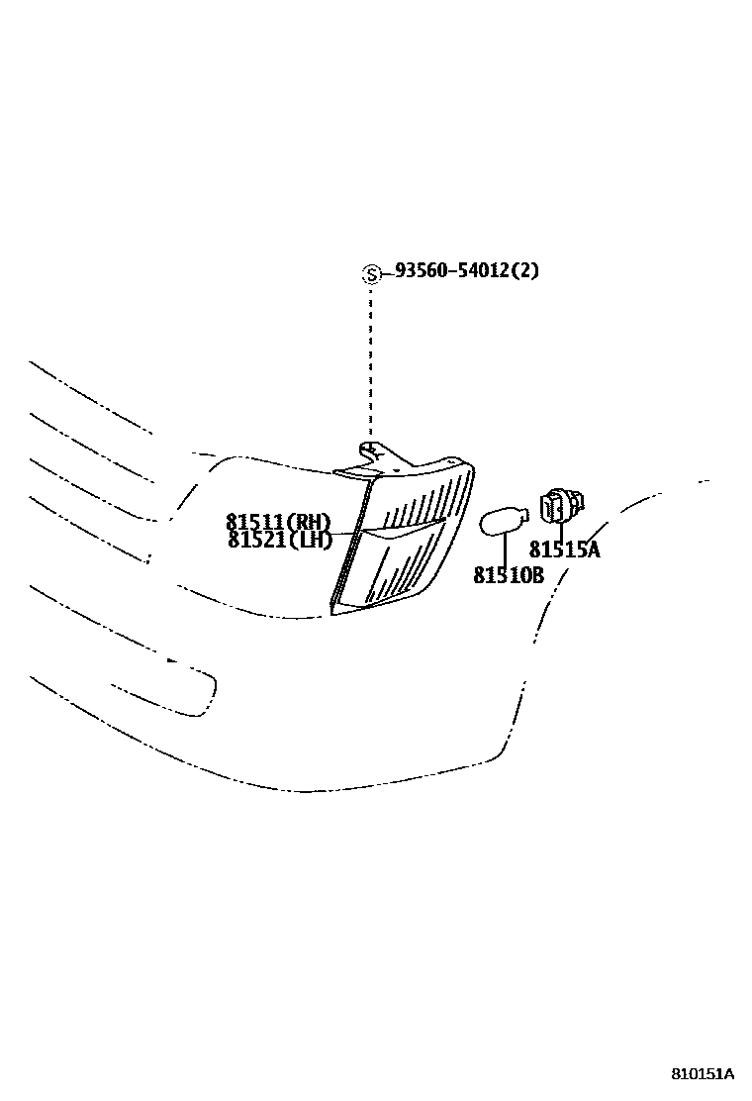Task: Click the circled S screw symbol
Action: pos(371,274)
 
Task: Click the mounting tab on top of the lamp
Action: pos(371,455)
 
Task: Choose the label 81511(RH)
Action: pos(277,522)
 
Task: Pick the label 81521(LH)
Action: pos(277,540)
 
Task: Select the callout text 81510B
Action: pos(509,574)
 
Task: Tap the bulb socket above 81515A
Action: pos(559,507)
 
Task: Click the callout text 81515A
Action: pos(564,550)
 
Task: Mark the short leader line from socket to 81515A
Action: pos(561,532)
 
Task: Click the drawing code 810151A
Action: pos(703,1073)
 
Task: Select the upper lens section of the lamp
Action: pos(421,500)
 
